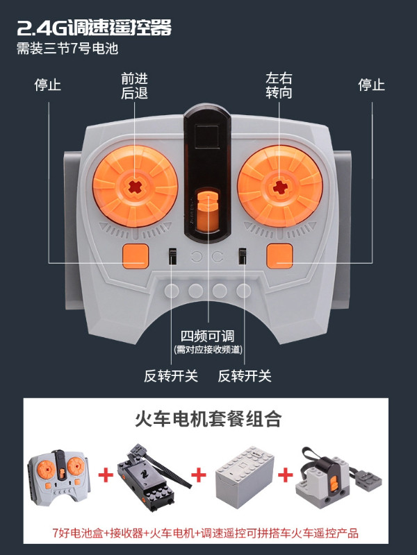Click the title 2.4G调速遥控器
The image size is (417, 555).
click(x=95, y=28)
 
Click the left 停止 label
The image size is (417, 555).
click(x=48, y=85)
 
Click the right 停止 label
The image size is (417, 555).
click(x=371, y=85)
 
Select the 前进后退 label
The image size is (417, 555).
click(x=135, y=85)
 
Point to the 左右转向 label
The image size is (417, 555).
click(x=279, y=85)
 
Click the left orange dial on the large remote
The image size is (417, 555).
click(x=133, y=186)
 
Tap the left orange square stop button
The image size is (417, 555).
click(x=136, y=255)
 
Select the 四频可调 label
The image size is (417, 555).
click(x=208, y=336)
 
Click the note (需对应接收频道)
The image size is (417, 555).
click(x=208, y=350)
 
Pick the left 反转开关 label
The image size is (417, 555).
click(x=171, y=376)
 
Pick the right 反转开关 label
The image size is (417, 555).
click(x=245, y=376)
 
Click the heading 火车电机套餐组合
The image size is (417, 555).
click(x=208, y=420)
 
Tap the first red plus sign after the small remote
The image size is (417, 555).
click(x=106, y=475)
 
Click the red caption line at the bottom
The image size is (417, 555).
click(x=208, y=533)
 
